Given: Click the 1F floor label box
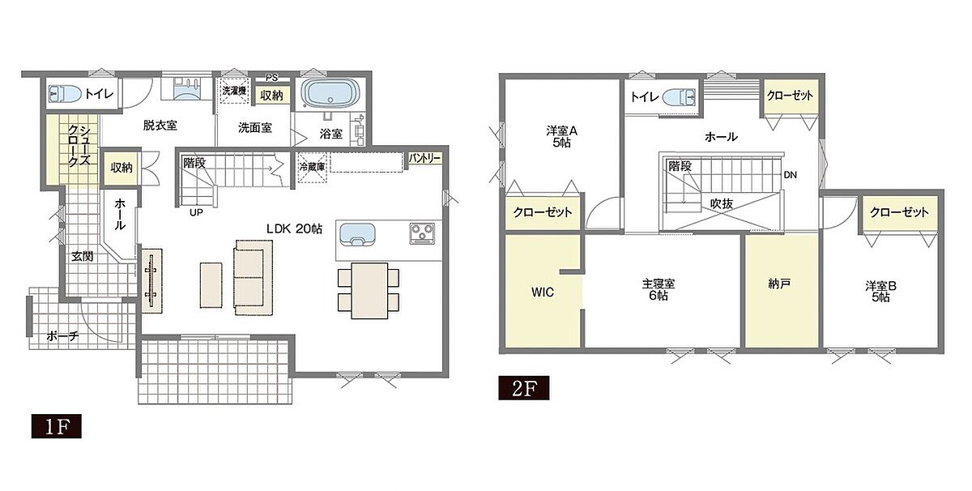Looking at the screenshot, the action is click(x=57, y=426).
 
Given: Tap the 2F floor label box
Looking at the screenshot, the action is click(x=524, y=388).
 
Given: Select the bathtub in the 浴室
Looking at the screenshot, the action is click(x=331, y=93).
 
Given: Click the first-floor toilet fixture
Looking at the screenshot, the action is click(x=65, y=93).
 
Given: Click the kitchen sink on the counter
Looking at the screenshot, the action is click(x=357, y=234).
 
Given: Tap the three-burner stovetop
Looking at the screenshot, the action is click(x=422, y=233).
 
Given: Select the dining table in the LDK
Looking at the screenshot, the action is click(x=369, y=290).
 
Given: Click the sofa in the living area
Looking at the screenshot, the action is click(x=254, y=277).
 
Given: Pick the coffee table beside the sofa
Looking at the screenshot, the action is click(x=211, y=285).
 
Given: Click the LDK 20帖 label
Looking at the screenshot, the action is click(x=294, y=228).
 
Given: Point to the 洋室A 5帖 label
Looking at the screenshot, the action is click(x=561, y=136).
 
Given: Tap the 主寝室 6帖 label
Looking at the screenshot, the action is click(x=659, y=289).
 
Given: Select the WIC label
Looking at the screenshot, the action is click(x=543, y=292).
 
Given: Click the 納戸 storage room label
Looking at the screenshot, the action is click(x=779, y=284).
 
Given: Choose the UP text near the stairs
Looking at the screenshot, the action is click(x=196, y=213).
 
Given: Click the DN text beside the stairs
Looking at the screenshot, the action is click(x=791, y=174).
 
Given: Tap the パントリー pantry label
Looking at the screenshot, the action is click(x=424, y=159).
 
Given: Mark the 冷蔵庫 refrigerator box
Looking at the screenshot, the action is click(x=313, y=167).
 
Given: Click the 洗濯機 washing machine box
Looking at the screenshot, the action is click(x=234, y=92).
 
